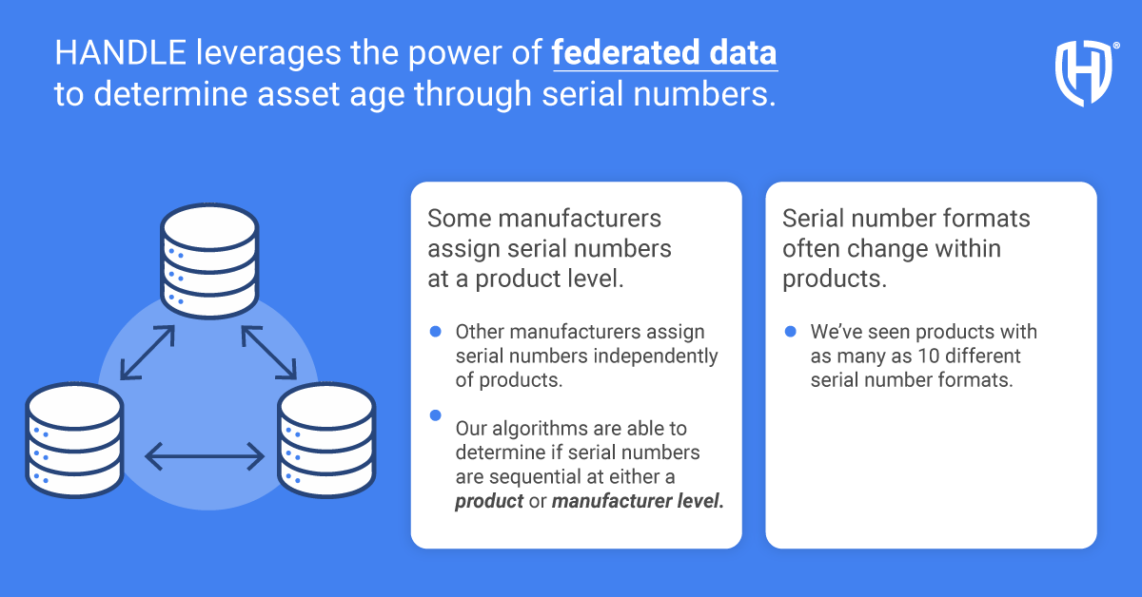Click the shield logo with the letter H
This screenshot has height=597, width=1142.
pos(1084,73)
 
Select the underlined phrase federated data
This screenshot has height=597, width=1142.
pos(665,54)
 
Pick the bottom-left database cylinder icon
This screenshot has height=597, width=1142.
pos(74,440)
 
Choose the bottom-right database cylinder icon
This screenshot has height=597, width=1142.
pos(326,440)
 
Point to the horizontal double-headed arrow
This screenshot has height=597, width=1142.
pos(204,456)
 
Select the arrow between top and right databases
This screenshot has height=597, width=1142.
pos(268,354)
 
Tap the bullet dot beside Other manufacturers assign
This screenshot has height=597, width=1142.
pos(436,331)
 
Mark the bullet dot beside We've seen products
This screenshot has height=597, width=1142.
pos(791,331)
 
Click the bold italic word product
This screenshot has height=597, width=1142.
pos(489,501)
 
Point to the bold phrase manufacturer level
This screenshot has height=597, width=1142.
pos(638,501)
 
